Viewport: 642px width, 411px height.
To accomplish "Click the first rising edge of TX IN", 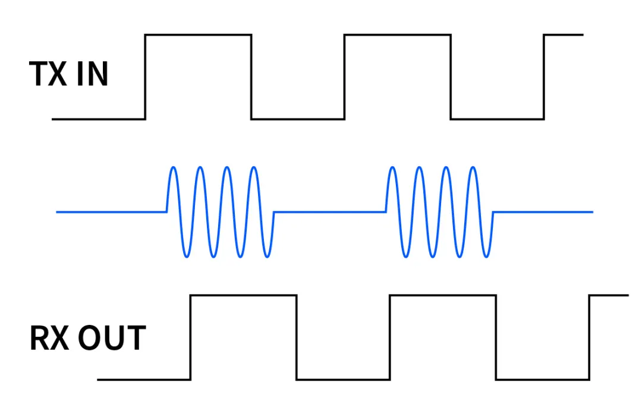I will (146, 77).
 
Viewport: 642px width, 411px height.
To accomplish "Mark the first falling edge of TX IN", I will (251, 77).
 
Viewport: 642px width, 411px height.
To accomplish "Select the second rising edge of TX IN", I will (345, 77).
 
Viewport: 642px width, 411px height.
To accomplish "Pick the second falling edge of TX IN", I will (451, 77).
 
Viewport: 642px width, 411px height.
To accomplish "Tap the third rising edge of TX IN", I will (545, 77).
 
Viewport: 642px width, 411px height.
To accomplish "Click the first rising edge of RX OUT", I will (190, 337).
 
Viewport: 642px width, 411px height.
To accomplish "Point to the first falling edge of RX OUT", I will (296, 337).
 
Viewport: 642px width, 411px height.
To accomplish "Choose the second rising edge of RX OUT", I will (390, 337).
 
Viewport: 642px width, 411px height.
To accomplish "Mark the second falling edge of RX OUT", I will (496, 337).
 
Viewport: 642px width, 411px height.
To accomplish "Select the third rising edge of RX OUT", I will (590, 337).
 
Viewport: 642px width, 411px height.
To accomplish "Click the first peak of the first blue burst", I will (174, 167).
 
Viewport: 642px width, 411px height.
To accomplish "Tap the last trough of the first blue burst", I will (268, 257).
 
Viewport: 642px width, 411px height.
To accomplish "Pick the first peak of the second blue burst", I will (392, 167).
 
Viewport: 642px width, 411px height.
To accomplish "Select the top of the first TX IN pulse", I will (199, 35).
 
